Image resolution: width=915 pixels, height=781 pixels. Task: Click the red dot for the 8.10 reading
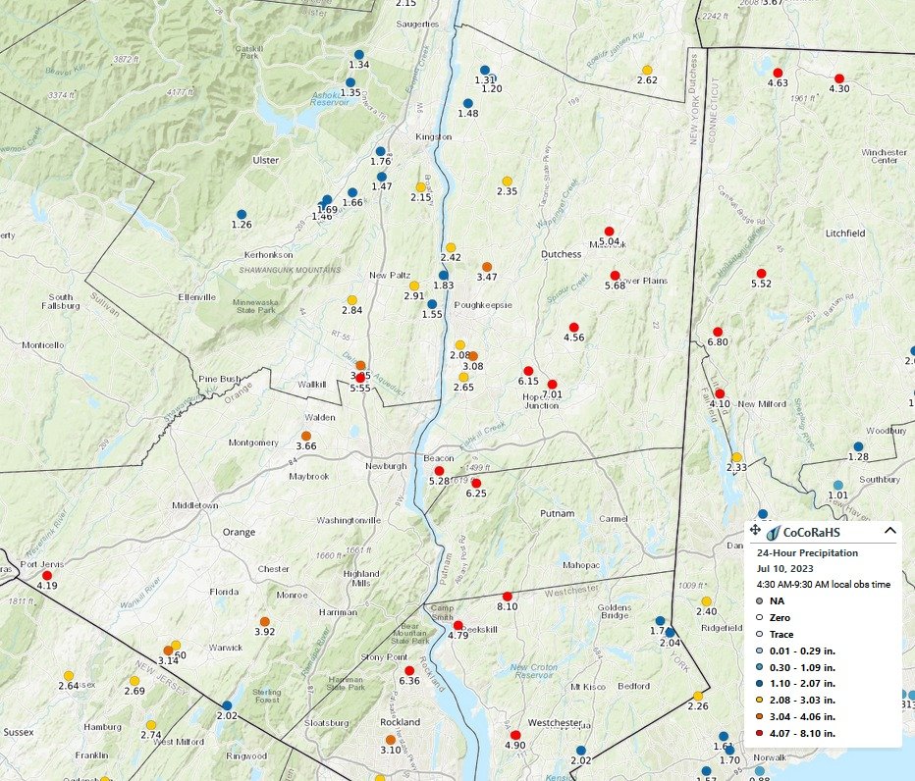point(508,597)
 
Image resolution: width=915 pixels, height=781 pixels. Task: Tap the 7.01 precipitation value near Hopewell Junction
point(551,394)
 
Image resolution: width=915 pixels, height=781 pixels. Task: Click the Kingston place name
point(433,136)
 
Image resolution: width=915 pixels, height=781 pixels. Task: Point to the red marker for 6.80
point(718,332)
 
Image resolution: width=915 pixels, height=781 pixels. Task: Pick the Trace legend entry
point(781,633)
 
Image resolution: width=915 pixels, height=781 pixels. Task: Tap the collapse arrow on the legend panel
point(889,531)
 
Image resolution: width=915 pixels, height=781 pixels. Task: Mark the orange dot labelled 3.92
point(264,621)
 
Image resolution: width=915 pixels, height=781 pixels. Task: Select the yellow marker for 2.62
point(647,70)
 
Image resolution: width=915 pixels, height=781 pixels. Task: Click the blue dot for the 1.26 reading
point(241,214)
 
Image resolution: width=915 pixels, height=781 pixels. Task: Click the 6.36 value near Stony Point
point(409,681)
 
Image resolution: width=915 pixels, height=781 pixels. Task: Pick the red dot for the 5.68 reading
point(615,276)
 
